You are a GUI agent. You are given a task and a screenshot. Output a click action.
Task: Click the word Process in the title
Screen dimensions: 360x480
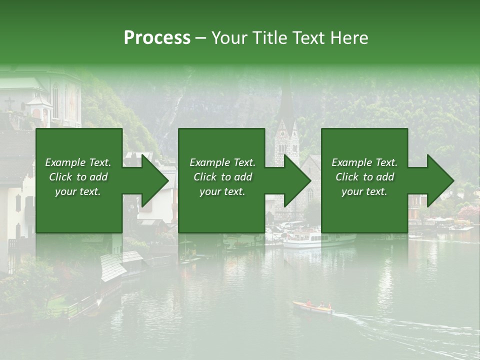[x=157, y=38]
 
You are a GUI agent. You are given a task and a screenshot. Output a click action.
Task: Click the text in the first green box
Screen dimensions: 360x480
[x=78, y=177]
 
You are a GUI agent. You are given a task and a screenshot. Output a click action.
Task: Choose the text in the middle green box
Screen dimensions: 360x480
[x=222, y=177]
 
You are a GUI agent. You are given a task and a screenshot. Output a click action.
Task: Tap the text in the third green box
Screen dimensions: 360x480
[x=364, y=177]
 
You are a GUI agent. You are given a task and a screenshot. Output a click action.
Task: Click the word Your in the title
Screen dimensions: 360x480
[x=230, y=38]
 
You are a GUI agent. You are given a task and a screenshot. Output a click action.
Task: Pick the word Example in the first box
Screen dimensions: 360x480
[x=65, y=162]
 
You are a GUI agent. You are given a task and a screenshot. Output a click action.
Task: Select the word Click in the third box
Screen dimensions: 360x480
[x=347, y=177]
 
